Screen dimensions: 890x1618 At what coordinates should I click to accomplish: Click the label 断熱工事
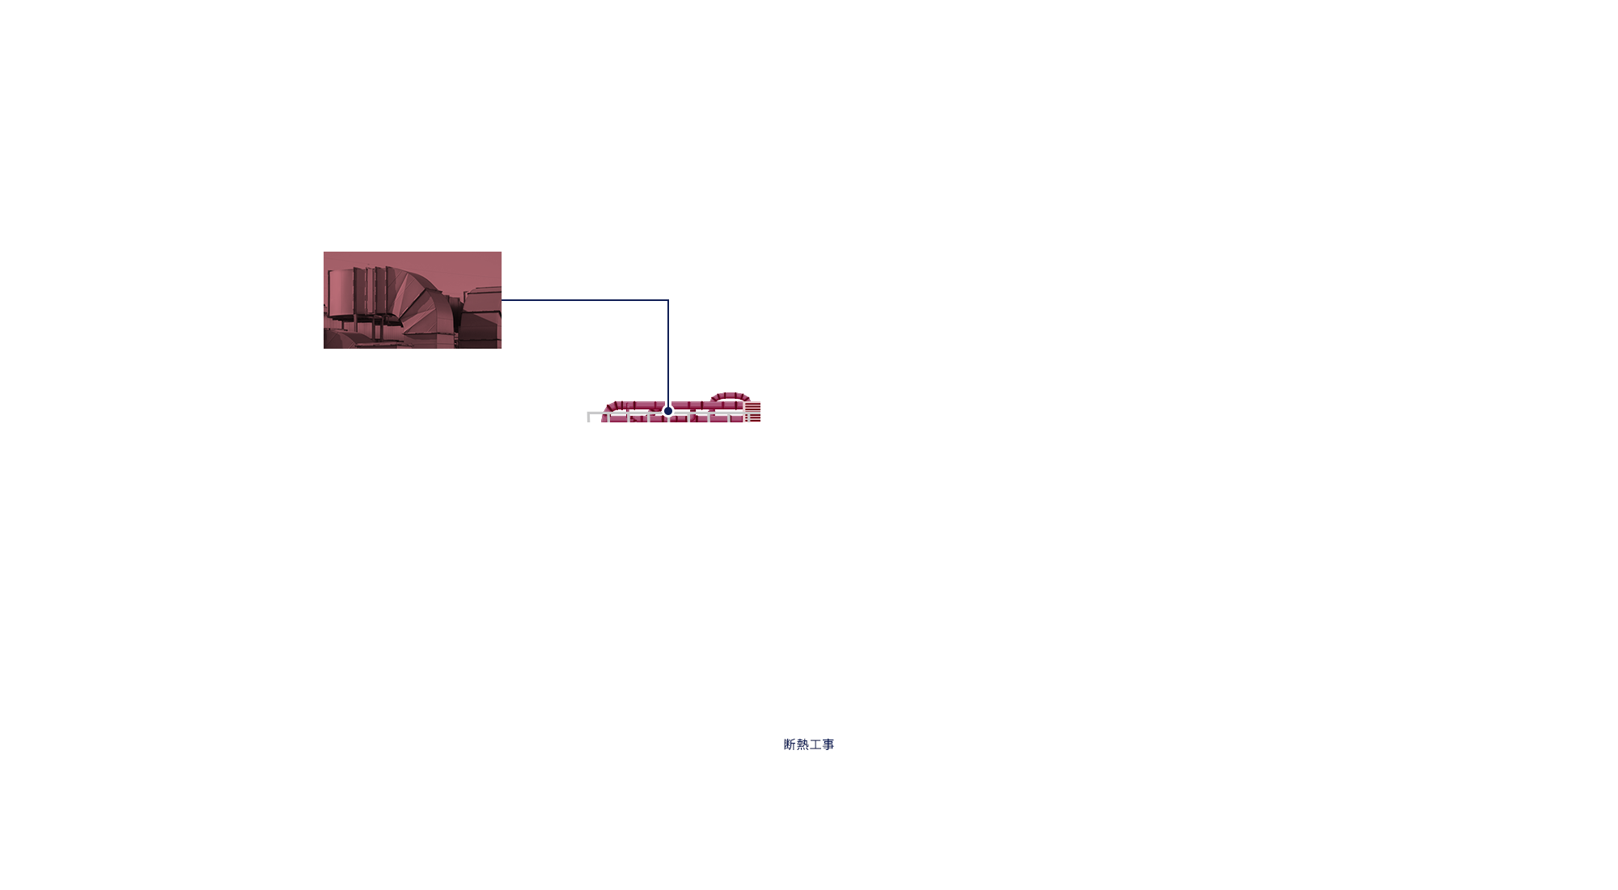[x=808, y=744]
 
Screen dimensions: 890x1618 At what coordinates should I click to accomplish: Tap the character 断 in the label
[x=790, y=744]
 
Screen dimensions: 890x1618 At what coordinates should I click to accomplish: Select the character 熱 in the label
[x=803, y=744]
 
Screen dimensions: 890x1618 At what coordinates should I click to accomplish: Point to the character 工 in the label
[x=815, y=744]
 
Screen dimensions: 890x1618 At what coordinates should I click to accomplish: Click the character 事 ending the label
[x=828, y=744]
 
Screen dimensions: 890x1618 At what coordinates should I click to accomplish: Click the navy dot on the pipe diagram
[x=668, y=411]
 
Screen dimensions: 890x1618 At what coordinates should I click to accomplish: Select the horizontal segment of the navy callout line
[x=582, y=300]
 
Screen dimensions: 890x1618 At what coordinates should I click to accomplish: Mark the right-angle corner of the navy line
[x=668, y=300]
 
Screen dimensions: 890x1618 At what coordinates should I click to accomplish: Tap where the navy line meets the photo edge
[x=502, y=300]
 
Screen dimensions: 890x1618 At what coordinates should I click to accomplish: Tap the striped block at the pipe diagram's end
[x=753, y=412]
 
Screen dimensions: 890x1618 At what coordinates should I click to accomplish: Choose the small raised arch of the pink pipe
[x=730, y=396]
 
